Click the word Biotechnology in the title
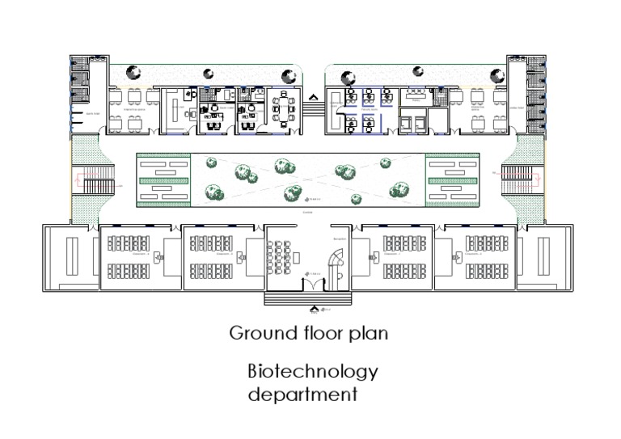[x=312, y=372]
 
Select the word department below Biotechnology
[x=302, y=395]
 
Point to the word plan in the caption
[x=368, y=333]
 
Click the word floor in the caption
[x=317, y=333]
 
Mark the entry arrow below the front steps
[x=314, y=308]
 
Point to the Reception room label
[x=339, y=240]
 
